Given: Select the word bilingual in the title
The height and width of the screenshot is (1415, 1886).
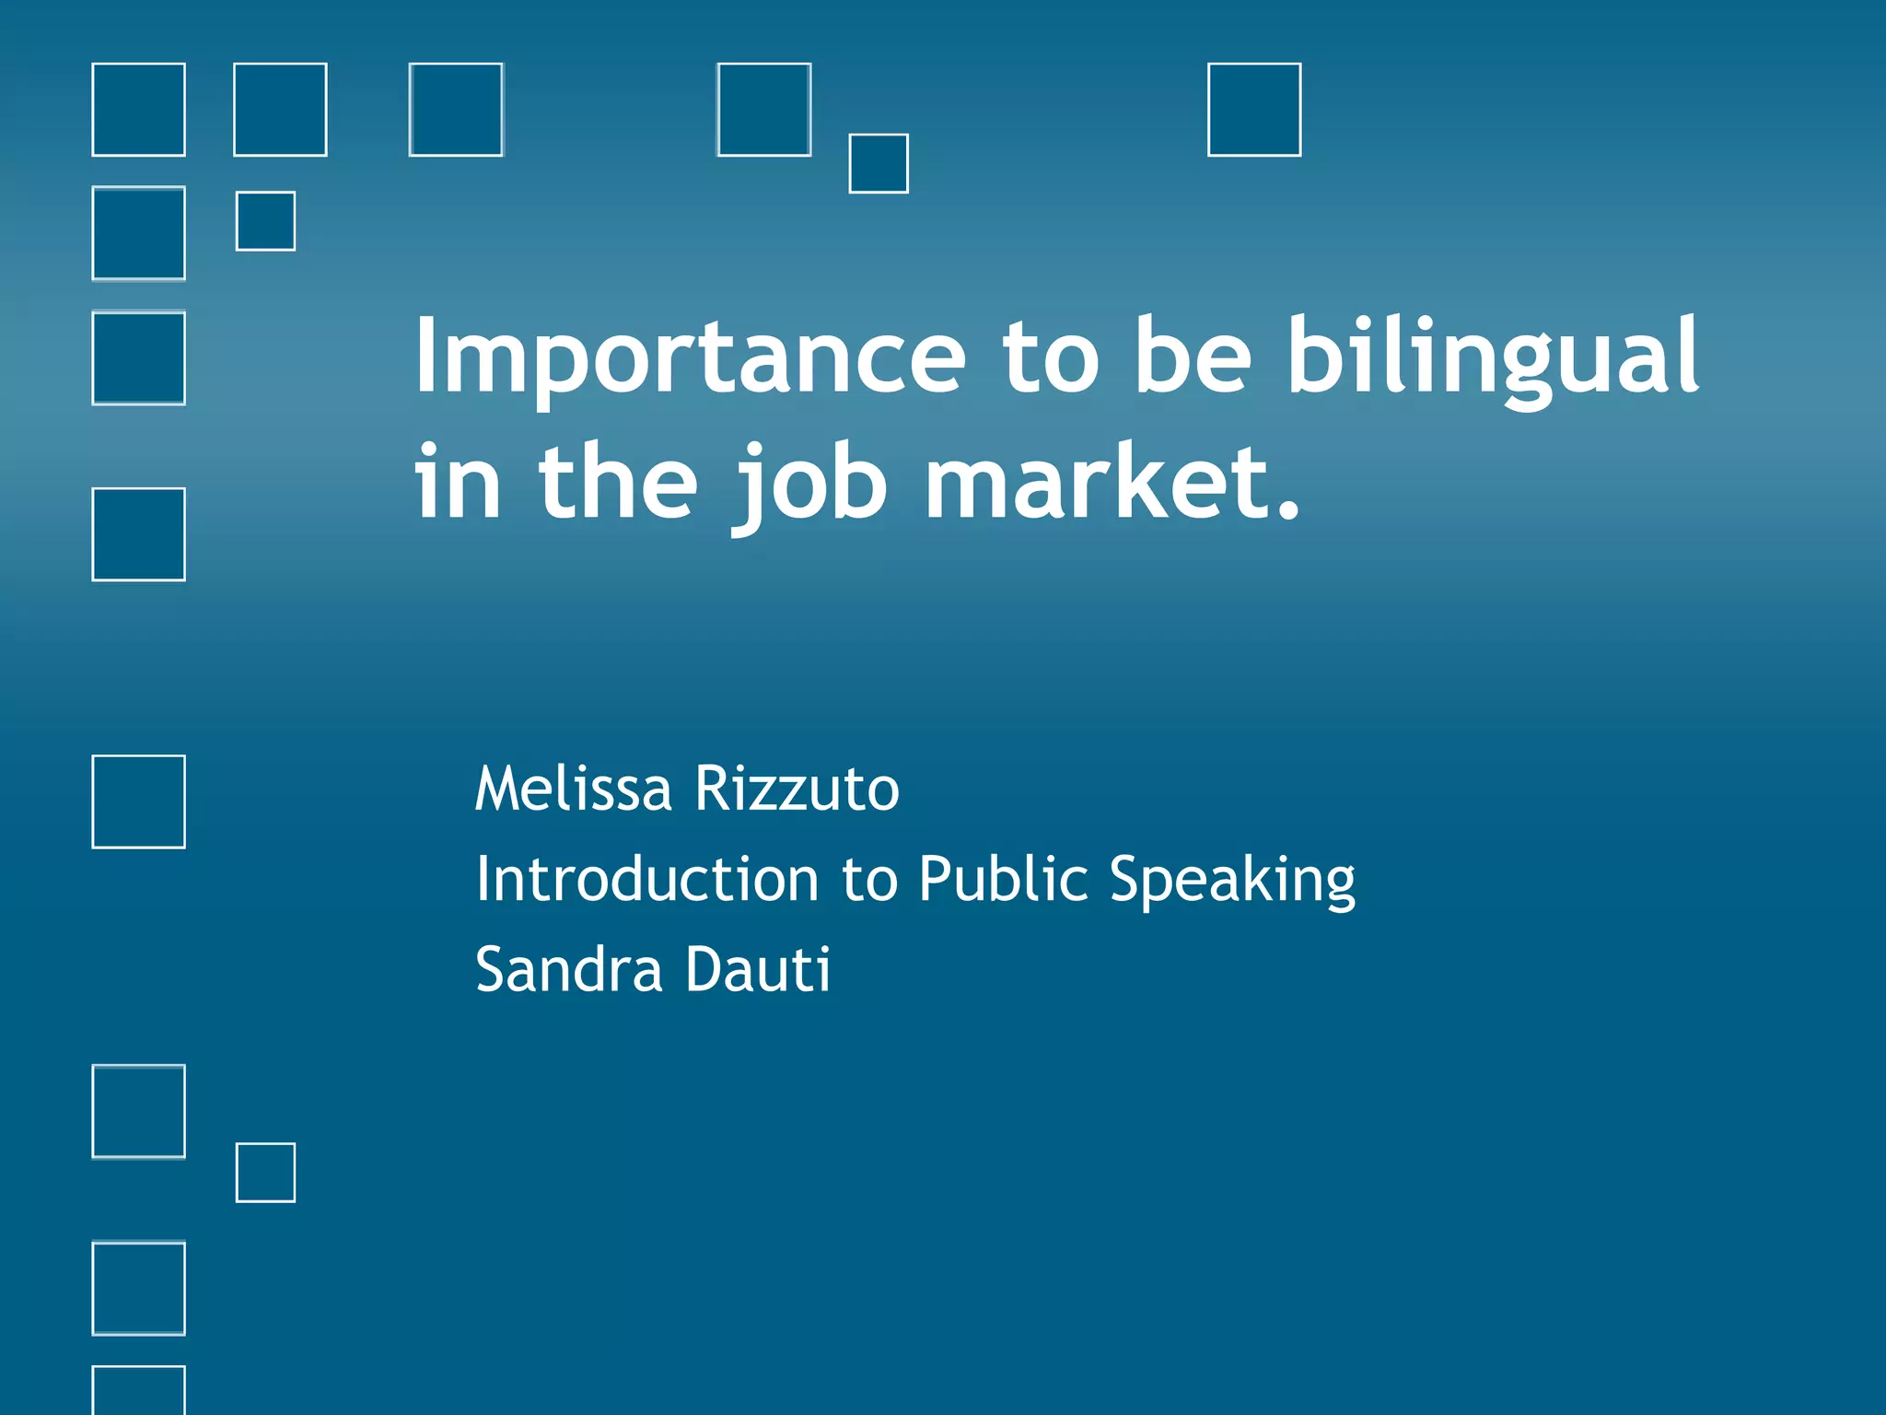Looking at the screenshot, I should [x=1492, y=357].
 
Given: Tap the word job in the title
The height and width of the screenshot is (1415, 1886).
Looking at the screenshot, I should [x=810, y=484].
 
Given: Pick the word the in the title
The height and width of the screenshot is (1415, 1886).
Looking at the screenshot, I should [x=618, y=482].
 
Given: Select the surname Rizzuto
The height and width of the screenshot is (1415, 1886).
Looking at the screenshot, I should [x=797, y=789].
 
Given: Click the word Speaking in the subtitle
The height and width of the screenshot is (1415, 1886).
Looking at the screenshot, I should [x=1232, y=880].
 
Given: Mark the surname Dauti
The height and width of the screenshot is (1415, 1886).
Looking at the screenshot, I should [x=757, y=969].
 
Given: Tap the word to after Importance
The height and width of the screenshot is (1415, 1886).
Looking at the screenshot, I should [x=1050, y=357].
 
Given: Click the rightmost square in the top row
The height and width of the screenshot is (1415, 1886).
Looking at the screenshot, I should [x=1254, y=110].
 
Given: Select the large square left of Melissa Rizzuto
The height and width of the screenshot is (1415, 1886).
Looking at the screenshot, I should [x=138, y=801].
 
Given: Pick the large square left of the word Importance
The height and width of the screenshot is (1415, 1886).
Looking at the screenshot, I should [x=138, y=358].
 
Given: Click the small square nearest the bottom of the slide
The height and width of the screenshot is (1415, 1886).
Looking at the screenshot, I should [x=265, y=1173].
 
